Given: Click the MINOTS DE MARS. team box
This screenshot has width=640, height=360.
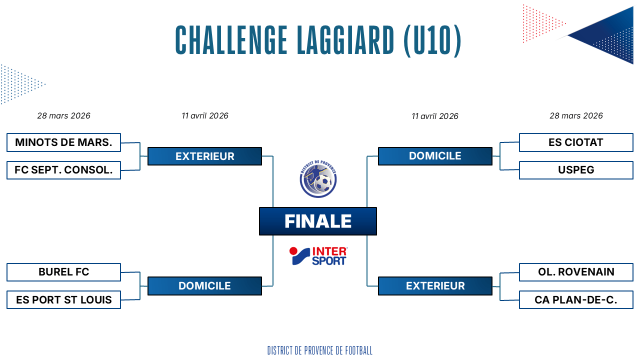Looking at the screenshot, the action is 63,142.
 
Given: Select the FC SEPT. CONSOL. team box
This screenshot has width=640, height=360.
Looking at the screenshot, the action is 63,170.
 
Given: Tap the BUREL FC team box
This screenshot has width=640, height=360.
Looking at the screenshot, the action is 63,272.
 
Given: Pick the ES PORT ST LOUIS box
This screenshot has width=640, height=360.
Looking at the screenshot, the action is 63,299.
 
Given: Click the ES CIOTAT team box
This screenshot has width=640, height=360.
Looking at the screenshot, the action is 576,142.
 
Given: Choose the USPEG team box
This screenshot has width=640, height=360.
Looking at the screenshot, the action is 576,170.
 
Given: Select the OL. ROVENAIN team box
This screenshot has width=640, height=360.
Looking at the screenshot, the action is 576,272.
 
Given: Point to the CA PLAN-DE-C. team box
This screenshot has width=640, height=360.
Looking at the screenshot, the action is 576,299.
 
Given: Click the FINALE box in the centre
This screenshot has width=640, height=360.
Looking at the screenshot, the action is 317,221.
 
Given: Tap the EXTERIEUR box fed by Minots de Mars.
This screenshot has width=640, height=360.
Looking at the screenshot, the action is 204,156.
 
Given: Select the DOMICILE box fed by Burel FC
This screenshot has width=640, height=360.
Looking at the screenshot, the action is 204,285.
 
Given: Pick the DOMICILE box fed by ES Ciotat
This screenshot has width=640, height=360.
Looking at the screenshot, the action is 435,156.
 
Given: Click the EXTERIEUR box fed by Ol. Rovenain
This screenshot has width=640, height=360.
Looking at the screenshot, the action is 435,285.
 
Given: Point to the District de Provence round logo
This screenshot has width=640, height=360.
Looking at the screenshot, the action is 318,179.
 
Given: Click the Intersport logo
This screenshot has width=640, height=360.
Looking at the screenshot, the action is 318,256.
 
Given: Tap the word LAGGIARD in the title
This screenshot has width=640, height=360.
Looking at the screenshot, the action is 345,40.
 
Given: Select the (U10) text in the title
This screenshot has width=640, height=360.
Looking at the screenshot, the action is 432,40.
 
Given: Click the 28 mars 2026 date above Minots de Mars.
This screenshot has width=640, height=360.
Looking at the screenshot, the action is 63,115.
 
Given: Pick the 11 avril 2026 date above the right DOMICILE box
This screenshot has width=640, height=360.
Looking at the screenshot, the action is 435,116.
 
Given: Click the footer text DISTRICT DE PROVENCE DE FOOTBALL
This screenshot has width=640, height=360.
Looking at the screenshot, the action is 320,350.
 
